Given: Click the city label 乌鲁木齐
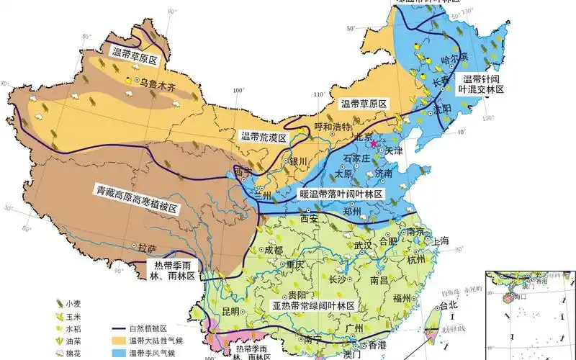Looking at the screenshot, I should coord(158,84).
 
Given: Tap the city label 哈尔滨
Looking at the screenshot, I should coord(454,57).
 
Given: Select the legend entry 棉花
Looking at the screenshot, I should coord(78,353).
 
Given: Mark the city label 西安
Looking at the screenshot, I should coord(309,217).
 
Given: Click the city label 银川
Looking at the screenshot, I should coord(298,161).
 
